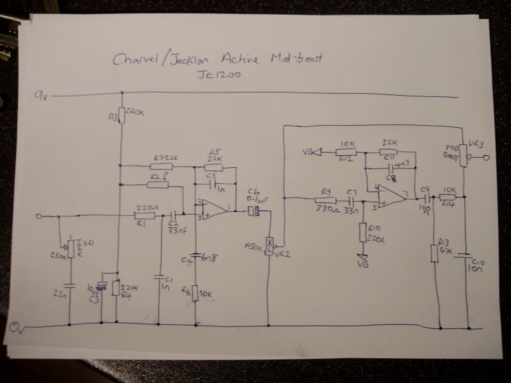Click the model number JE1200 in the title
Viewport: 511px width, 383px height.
219,75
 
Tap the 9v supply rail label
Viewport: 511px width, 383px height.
41,95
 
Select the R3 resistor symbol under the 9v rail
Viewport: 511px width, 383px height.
122,116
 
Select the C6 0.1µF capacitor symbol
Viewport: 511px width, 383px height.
254,211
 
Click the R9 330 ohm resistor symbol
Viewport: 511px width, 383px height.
326,201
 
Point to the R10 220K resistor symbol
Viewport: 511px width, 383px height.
362,232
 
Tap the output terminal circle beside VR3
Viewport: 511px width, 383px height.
486,157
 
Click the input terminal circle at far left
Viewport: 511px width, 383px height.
39,217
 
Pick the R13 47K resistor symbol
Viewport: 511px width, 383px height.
434,253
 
